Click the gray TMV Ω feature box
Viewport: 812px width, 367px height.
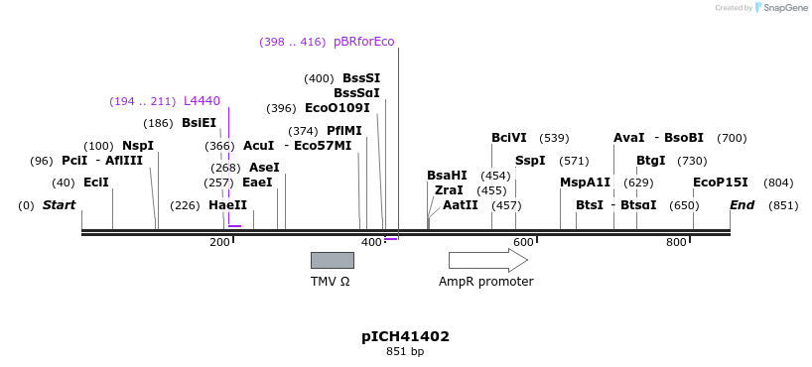point(332,260)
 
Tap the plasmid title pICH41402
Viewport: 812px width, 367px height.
point(405,336)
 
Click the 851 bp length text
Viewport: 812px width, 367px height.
point(405,352)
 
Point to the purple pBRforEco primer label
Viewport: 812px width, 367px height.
point(363,42)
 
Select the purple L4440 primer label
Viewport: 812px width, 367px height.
point(202,101)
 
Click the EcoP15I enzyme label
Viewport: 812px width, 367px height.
point(720,183)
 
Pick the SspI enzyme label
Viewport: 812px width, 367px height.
point(530,161)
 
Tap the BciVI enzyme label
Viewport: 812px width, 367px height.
point(509,138)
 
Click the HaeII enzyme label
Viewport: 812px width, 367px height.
point(227,205)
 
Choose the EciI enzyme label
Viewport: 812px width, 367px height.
point(96,183)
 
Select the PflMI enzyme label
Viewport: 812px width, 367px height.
point(344,131)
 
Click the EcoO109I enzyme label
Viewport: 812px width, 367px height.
point(337,108)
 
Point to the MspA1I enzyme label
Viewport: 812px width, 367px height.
point(585,183)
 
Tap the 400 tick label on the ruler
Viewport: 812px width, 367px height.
point(370,243)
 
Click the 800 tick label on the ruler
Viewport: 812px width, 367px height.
point(676,243)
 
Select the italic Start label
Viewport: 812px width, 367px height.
point(59,205)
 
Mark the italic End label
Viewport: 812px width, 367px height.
point(742,205)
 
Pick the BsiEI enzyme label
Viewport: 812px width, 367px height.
point(199,123)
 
